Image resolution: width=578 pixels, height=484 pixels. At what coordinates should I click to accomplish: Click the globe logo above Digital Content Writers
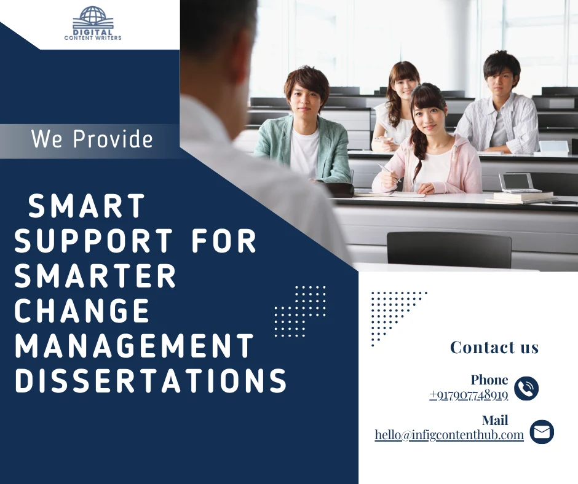(x=92, y=17)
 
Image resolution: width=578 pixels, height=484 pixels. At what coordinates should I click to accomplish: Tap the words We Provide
(x=92, y=139)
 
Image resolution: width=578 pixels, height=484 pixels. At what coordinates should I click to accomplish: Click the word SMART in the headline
(x=87, y=206)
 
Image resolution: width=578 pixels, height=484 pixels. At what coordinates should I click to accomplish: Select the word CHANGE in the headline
(x=82, y=311)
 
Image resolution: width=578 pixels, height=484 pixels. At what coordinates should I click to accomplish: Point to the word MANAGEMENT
(x=135, y=346)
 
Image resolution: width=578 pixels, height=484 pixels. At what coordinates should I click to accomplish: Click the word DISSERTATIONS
(x=151, y=381)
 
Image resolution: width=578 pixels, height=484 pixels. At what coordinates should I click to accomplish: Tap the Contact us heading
(x=494, y=348)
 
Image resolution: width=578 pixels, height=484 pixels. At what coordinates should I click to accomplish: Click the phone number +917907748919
(x=469, y=395)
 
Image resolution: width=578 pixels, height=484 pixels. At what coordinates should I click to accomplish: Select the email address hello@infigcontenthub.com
(x=449, y=435)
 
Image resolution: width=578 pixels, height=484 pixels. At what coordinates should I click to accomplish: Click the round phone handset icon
(x=526, y=388)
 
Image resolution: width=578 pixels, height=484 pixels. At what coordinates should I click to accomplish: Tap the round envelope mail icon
(x=541, y=432)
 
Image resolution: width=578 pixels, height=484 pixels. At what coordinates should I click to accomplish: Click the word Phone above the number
(x=489, y=380)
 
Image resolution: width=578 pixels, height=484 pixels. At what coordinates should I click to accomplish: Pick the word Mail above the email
(x=495, y=421)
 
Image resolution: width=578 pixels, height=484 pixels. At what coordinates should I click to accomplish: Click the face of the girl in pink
(x=429, y=117)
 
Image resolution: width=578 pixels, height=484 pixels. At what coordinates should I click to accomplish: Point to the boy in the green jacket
(x=304, y=132)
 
